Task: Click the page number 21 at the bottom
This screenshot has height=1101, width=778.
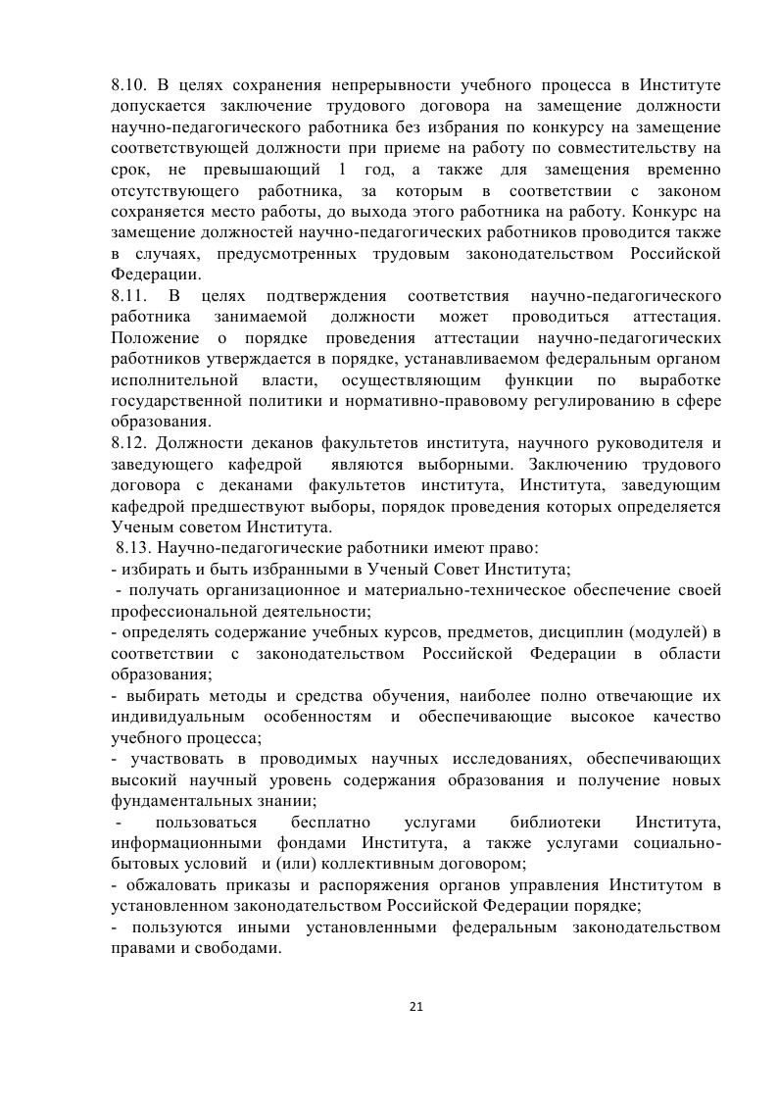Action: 415,1006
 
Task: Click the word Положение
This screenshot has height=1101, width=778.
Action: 150,337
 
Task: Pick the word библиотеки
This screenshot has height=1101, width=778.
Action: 556,823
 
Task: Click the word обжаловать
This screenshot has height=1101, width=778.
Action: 163,886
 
